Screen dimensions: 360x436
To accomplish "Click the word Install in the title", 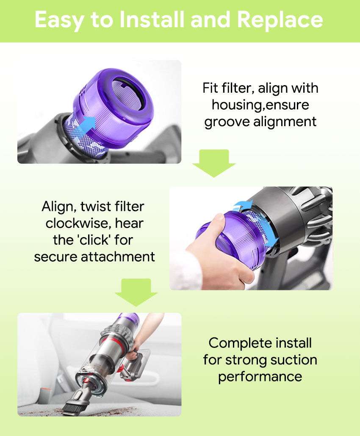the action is tap(152, 20).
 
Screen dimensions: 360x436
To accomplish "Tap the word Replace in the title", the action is tap(280, 20).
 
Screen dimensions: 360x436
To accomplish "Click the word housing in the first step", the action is tap(236, 105).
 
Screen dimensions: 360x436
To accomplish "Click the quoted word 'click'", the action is tap(94, 240).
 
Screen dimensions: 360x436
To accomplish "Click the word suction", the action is tap(294, 360).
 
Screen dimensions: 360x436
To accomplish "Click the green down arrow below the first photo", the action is tap(214, 163).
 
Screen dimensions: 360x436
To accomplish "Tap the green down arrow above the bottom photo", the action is tap(136, 292).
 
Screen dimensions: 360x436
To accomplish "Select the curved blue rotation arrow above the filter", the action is tap(243, 205).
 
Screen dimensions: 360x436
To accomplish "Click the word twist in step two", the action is tap(92, 207).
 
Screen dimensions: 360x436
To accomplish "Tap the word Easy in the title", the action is tap(59, 20).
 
